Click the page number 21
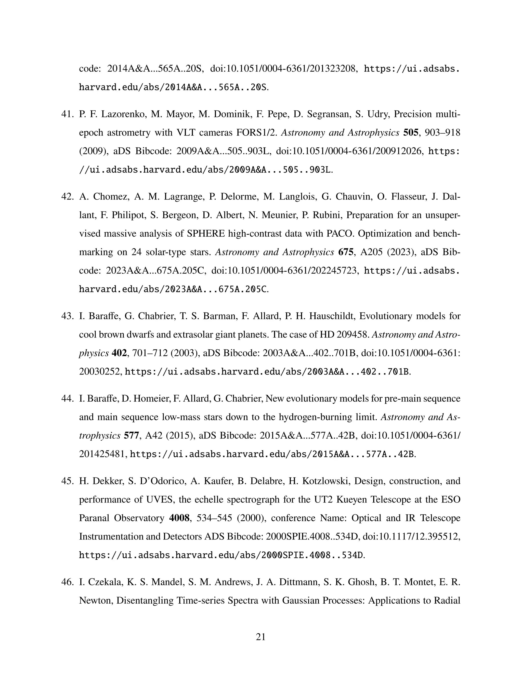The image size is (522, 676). [x=261, y=637]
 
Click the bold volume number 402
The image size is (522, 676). [x=119, y=353]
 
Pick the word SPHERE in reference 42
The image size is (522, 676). [x=206, y=233]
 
